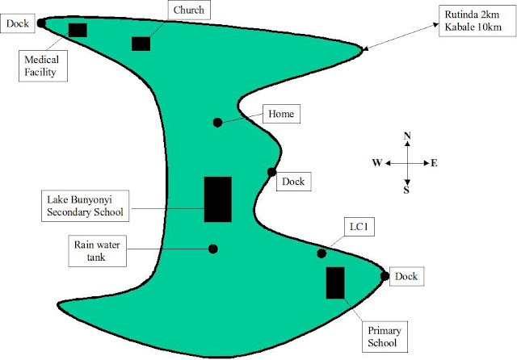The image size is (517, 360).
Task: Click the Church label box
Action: (189, 10)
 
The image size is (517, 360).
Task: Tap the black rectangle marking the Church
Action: (141, 43)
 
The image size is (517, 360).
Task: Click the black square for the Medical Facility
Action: (78, 30)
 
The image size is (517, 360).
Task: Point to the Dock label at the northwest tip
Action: (18, 24)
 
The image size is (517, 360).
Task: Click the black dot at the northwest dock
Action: (40, 24)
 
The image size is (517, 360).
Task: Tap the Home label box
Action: (282, 115)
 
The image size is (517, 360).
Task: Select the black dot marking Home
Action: (217, 123)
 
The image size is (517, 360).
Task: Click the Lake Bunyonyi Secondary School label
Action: (83, 206)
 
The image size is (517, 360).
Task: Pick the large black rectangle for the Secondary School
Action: (217, 199)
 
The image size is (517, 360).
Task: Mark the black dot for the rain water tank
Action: (213, 249)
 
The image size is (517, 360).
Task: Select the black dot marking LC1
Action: (321, 253)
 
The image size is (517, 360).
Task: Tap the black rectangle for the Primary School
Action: (334, 283)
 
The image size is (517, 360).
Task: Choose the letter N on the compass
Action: (409, 136)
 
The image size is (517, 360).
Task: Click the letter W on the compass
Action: (376, 163)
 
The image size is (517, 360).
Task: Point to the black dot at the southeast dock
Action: (385, 276)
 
